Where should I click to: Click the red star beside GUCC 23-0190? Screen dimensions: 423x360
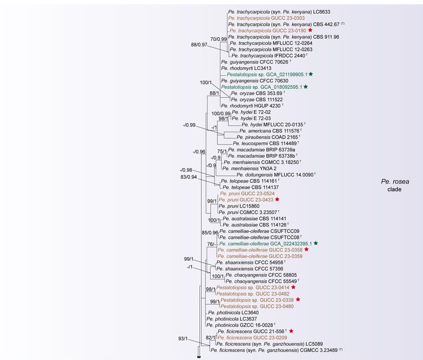click(x=310, y=30)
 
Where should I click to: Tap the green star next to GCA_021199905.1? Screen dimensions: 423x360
click(x=311, y=74)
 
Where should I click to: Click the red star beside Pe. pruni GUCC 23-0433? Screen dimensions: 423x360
click(x=277, y=200)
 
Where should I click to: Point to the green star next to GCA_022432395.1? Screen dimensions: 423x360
click(x=316, y=243)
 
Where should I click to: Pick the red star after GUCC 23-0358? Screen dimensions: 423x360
click(x=306, y=250)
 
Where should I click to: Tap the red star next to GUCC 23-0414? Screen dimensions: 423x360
click(x=293, y=288)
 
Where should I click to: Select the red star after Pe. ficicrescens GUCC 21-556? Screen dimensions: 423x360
click(x=291, y=331)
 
